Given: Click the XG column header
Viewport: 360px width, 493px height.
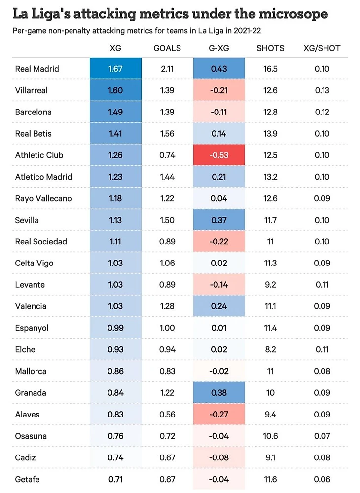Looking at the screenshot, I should coord(115,48).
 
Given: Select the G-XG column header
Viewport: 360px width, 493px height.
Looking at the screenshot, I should coord(218,48).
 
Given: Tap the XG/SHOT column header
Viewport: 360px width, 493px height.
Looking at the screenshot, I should coord(322,48).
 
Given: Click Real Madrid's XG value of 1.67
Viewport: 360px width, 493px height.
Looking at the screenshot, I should coord(115,69).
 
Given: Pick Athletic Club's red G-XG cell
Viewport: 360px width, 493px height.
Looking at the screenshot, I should coord(218,155).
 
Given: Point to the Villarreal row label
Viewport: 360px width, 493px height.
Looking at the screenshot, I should coord(32,90).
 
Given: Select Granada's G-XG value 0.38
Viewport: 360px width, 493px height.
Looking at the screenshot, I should coord(218,393).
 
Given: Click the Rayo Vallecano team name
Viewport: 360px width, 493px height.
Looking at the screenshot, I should coord(43,198).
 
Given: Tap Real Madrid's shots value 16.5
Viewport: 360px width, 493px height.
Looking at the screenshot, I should coord(270,69).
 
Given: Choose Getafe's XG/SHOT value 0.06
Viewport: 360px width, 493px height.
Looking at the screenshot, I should coord(322,479).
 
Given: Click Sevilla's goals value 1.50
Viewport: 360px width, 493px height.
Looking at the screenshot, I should coord(167,220).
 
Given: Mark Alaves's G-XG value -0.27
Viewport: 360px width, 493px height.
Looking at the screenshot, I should coord(218,415).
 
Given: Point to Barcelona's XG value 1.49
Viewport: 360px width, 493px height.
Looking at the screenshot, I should coord(115,112).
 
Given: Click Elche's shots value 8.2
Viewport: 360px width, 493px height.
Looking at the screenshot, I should coord(270,349).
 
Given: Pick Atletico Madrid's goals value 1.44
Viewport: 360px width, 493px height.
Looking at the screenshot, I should coord(167,177).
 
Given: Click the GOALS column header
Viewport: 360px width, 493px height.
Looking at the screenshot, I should coord(167,48).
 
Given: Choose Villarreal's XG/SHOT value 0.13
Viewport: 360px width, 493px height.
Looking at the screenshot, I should coord(322,90).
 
